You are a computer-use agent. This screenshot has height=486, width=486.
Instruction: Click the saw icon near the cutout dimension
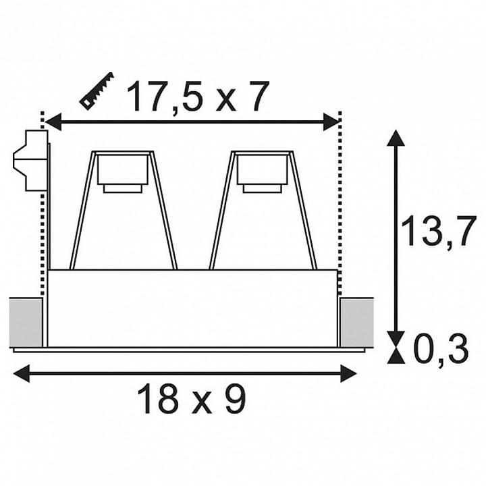tap(97, 91)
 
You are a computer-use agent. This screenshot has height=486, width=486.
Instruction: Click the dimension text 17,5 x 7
tap(197, 97)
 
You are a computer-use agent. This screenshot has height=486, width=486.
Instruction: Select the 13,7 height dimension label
tap(438, 231)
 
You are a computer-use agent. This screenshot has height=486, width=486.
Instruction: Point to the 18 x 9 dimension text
tap(192, 399)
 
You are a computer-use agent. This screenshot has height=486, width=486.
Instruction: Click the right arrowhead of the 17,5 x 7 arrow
tap(331, 122)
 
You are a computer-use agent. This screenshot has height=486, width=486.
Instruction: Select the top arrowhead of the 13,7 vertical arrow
tap(396, 138)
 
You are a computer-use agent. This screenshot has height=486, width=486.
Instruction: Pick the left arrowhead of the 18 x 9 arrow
tap(22, 374)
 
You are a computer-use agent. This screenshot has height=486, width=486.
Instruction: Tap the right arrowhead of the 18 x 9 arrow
tap(348, 374)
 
